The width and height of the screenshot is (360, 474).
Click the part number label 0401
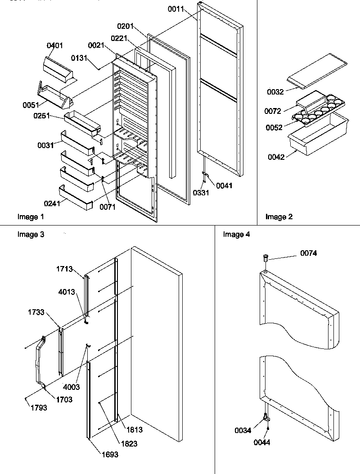(x=55, y=45)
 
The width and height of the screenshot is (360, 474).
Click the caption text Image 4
(x=237, y=234)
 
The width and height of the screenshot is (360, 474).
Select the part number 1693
(x=109, y=454)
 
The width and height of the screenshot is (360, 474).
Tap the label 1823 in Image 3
(x=129, y=443)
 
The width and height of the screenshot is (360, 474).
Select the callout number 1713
(x=64, y=269)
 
